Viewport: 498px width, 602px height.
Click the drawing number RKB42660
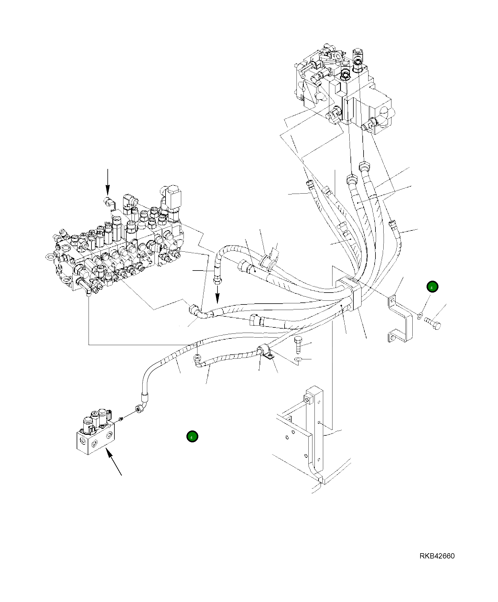coord(437,556)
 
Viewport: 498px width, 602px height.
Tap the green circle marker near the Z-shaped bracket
coord(432,287)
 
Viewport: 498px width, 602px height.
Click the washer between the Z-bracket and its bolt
coord(420,316)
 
